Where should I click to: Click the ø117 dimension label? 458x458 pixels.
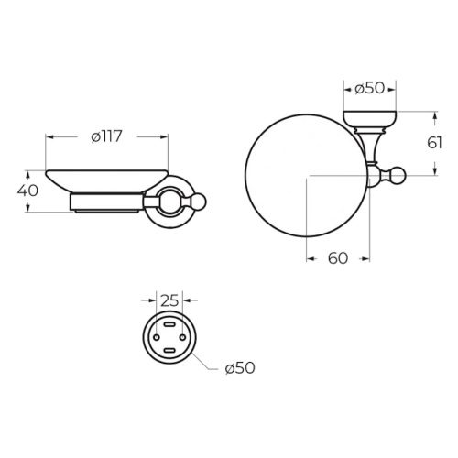(106, 136)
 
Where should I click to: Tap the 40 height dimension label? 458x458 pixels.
(27, 191)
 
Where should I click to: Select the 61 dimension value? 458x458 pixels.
(434, 143)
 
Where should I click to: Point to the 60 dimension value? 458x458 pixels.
(338, 258)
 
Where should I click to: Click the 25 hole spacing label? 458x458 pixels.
(169, 301)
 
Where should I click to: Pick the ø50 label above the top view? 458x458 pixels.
(369, 89)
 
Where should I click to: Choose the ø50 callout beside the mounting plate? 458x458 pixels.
(240, 368)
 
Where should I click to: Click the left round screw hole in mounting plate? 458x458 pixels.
(157, 337)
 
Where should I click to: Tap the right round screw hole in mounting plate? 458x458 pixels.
(182, 337)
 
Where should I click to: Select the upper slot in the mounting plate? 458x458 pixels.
(169, 324)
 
